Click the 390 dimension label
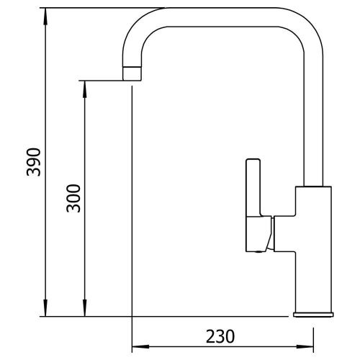(x=34, y=163)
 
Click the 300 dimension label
(x=73, y=199)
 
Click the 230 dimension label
(x=220, y=336)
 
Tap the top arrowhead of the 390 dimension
(x=45, y=17)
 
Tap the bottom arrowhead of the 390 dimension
(x=45, y=308)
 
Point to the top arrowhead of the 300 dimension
(x=84, y=89)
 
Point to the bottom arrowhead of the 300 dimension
(x=84, y=308)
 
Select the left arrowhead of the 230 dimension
(x=140, y=346)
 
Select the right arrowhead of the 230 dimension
(x=305, y=346)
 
